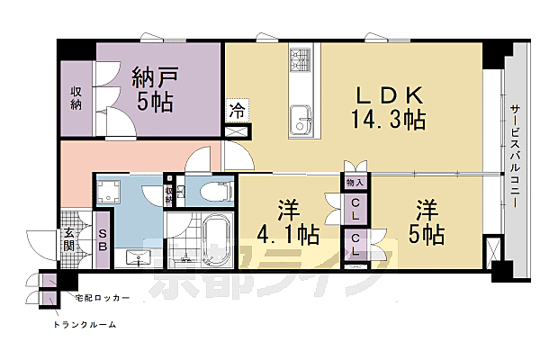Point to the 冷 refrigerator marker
[236, 112]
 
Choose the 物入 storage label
[355, 182]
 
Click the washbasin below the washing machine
[136, 256]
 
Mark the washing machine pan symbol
[113, 192]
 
